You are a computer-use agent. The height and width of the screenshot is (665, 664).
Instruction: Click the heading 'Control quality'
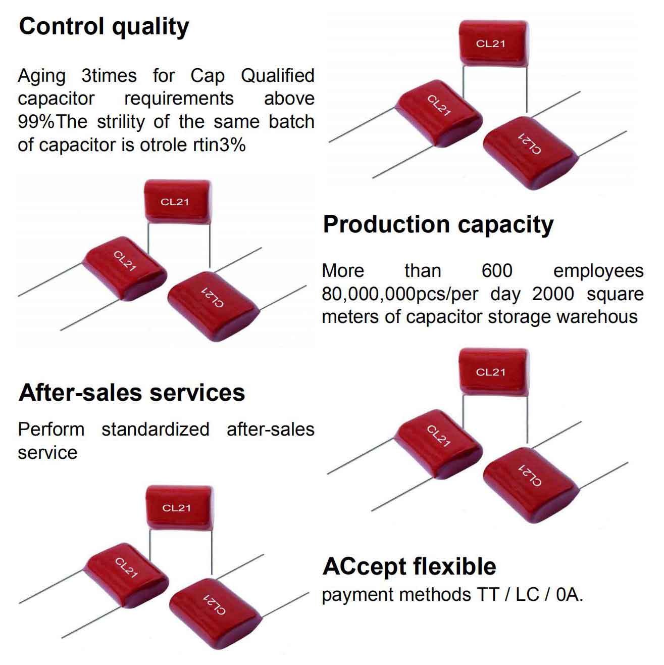(x=104, y=26)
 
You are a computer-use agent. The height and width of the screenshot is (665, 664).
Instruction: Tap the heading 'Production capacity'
(x=438, y=224)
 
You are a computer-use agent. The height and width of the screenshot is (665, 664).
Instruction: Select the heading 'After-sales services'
(x=132, y=392)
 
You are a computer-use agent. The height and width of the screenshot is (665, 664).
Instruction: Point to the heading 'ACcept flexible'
(x=409, y=566)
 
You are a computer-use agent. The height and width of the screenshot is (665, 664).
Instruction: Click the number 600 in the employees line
(x=497, y=271)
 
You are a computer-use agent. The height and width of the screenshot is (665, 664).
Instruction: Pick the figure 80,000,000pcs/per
(x=399, y=294)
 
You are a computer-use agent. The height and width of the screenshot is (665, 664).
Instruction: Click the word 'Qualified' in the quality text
(x=277, y=76)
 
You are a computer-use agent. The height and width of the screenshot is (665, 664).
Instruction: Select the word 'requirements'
(x=179, y=99)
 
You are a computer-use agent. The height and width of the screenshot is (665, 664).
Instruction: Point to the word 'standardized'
(x=155, y=430)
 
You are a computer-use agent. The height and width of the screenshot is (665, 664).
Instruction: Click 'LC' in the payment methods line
(x=527, y=595)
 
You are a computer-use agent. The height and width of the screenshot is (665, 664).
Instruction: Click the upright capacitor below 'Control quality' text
(x=177, y=201)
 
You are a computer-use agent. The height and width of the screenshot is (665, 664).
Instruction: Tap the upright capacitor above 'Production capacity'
(x=493, y=42)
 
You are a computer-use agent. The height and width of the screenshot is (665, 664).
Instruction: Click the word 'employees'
(x=598, y=271)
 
